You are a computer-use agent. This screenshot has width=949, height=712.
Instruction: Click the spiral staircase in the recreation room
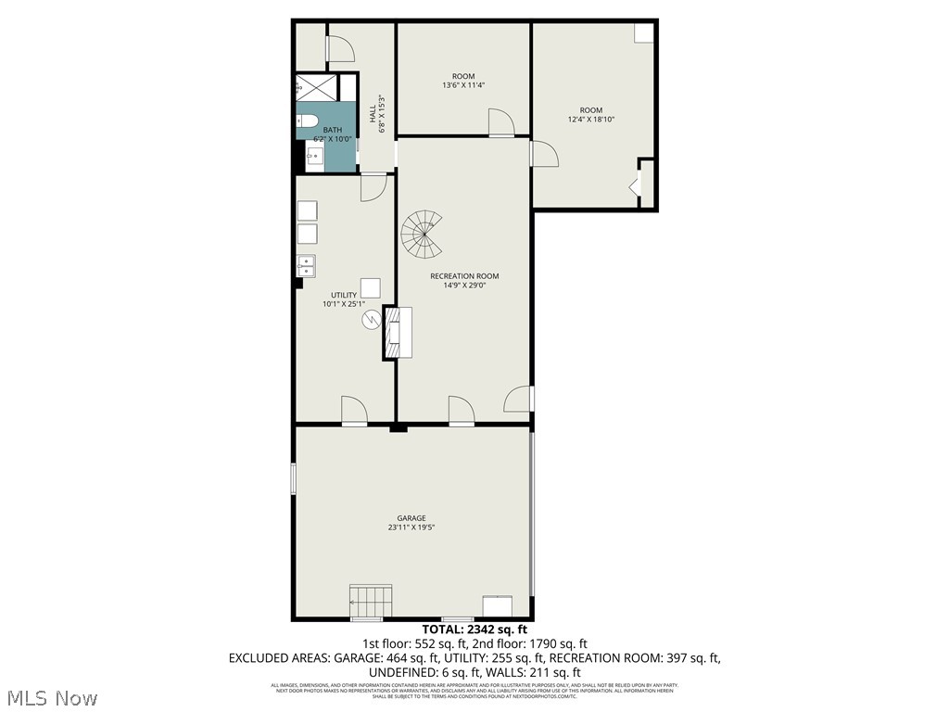(423, 235)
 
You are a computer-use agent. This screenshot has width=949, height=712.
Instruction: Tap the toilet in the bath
(308, 121)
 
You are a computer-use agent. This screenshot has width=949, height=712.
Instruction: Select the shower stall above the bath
(315, 87)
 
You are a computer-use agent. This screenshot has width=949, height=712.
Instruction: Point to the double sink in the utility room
(306, 266)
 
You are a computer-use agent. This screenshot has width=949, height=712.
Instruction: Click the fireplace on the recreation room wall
(399, 332)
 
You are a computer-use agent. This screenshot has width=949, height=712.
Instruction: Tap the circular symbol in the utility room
(371, 321)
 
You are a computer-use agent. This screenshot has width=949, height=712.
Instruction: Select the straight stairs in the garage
(370, 601)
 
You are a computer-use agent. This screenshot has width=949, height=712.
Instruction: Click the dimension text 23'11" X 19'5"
(411, 528)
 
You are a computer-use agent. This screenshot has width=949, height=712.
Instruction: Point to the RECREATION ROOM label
(464, 275)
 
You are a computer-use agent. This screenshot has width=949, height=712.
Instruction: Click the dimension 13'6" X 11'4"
(463, 85)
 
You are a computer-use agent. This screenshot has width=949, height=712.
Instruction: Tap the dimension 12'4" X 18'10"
(591, 120)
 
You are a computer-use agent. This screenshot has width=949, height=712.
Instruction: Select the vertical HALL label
(373, 114)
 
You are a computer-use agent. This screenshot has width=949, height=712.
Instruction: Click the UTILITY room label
(344, 295)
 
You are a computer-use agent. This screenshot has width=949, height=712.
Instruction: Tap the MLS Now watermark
(51, 696)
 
